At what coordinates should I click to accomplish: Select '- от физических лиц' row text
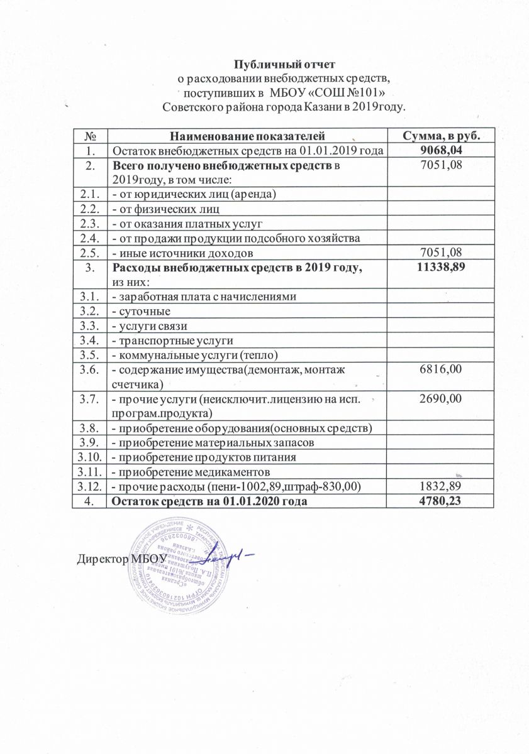165,209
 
